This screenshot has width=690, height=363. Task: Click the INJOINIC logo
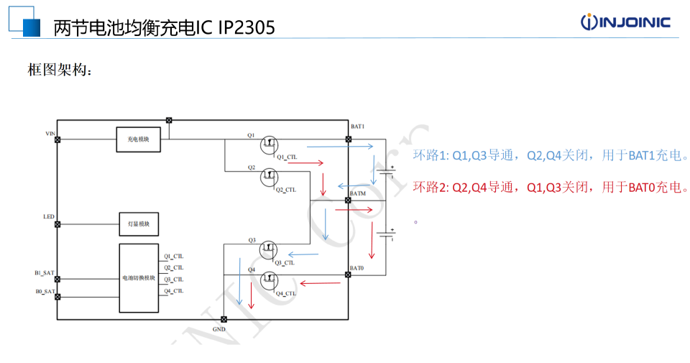(625, 22)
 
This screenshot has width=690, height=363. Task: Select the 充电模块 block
(139, 139)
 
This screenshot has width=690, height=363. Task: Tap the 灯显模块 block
(139, 224)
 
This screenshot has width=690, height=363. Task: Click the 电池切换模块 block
(139, 277)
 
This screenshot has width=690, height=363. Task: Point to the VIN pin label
(50, 134)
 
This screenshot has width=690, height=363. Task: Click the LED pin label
(49, 216)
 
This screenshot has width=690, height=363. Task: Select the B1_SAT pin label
(45, 272)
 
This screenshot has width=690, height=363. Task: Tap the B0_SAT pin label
(45, 291)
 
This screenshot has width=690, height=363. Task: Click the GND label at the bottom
(219, 329)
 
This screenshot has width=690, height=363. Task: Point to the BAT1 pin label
(357, 127)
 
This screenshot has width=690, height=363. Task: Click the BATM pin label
(358, 193)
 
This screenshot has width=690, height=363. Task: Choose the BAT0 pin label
(357, 268)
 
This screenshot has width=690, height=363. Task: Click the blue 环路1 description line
(551, 155)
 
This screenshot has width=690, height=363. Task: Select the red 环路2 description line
(550, 188)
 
